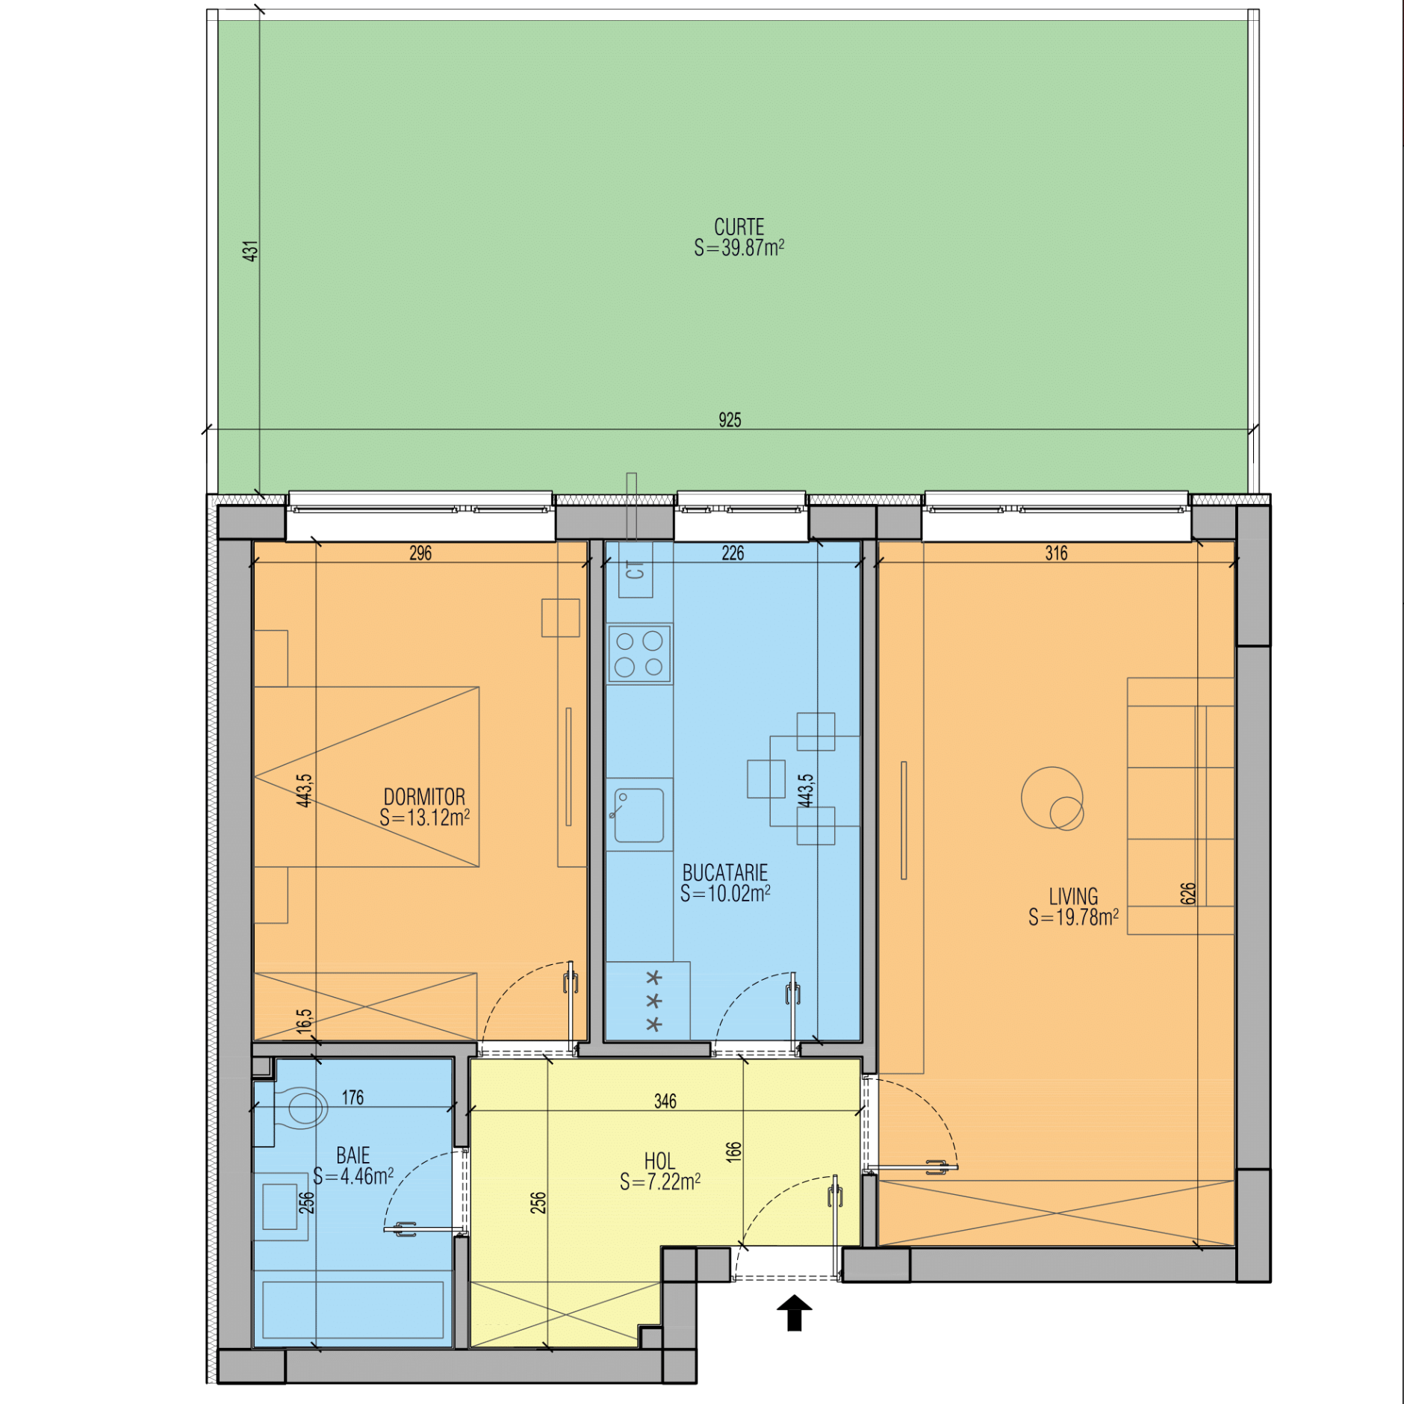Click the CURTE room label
[x=739, y=227]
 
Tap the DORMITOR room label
[x=424, y=797]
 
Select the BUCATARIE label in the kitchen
[x=725, y=872]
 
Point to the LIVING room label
[x=1073, y=896]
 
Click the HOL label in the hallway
[x=659, y=1161]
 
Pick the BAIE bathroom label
[x=352, y=1156]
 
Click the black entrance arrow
[x=795, y=1312]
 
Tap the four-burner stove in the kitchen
[x=639, y=653]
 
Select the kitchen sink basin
[x=639, y=815]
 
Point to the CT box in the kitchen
[x=636, y=570]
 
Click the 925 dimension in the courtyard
[x=730, y=420]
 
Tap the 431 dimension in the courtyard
[x=250, y=251]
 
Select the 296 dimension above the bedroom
[x=420, y=553]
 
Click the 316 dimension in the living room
[x=1056, y=553]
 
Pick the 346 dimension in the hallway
[x=665, y=1101]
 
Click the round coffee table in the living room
[x=1052, y=798]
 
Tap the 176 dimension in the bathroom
[x=352, y=1097]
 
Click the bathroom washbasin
[x=281, y=1206]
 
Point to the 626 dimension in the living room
[x=1188, y=893]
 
